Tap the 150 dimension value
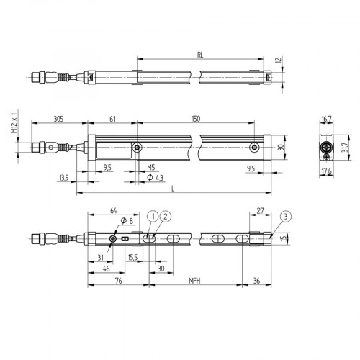[x=196, y=119]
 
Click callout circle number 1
[x=153, y=216]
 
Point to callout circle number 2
[x=166, y=216]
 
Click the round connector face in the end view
[x=325, y=149]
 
